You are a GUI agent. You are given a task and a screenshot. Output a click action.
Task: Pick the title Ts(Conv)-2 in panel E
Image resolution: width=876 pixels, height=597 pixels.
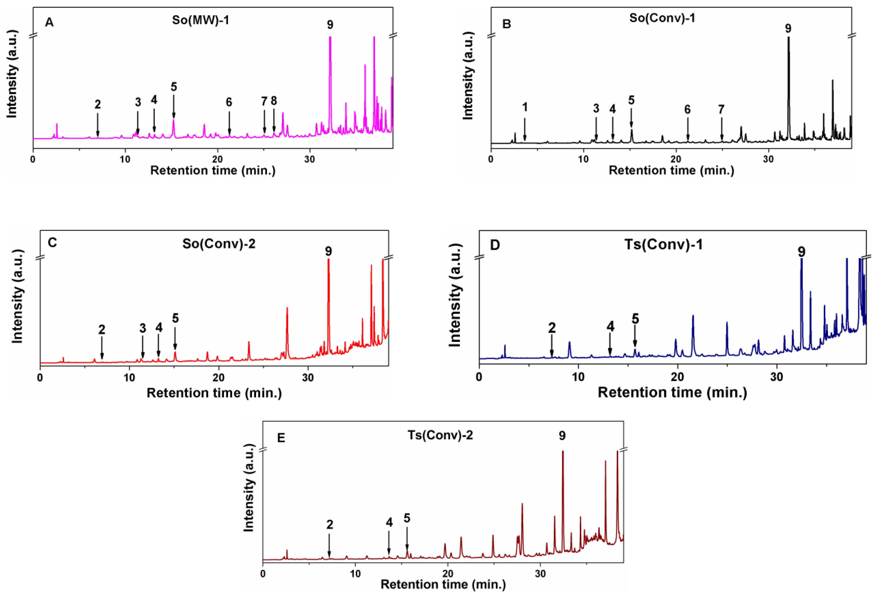click(440, 435)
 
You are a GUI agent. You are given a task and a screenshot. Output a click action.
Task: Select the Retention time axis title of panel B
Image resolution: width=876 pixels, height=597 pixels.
click(671, 170)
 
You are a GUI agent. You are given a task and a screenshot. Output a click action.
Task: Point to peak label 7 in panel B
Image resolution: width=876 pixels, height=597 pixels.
click(721, 110)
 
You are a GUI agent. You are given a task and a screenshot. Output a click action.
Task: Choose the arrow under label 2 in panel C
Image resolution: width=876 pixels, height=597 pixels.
click(102, 348)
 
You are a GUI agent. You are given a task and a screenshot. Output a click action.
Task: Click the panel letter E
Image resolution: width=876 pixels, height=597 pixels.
click(281, 438)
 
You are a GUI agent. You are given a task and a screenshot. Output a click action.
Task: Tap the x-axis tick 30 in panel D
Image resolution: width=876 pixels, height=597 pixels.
click(777, 376)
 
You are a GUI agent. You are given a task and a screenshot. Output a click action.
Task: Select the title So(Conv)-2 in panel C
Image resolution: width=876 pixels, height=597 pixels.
click(219, 244)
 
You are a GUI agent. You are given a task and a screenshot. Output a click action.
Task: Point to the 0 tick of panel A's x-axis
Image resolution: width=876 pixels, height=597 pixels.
click(33, 159)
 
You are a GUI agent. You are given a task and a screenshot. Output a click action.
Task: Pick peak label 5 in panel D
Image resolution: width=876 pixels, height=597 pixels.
click(635, 319)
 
